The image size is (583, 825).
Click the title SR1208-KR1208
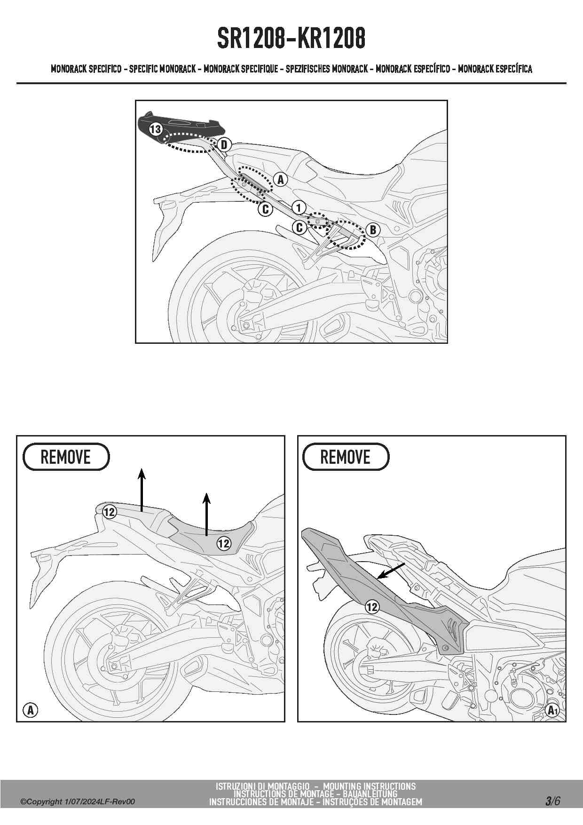click(291, 39)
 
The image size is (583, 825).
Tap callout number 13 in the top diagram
click(156, 129)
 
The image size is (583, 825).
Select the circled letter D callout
click(224, 144)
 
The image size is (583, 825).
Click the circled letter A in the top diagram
click(281, 179)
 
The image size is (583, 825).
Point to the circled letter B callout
click(373, 230)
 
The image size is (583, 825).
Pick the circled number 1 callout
click(299, 207)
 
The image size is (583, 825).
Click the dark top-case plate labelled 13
click(181, 124)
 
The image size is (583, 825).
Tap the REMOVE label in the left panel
click(66, 457)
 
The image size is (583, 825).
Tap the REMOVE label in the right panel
click(346, 457)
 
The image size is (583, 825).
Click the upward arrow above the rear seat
click(142, 489)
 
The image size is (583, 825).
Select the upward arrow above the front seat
click(206, 514)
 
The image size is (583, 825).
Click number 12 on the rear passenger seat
click(109, 512)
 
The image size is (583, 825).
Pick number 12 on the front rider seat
click(224, 543)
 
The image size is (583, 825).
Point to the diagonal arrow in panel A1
click(391, 571)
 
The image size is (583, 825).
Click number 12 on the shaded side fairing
click(372, 607)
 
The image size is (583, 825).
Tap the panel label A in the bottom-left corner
click(31, 710)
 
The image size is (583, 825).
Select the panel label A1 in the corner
click(552, 710)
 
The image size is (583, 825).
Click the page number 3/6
click(553, 801)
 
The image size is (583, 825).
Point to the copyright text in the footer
click(78, 802)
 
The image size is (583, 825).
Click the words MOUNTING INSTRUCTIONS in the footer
click(370, 786)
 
